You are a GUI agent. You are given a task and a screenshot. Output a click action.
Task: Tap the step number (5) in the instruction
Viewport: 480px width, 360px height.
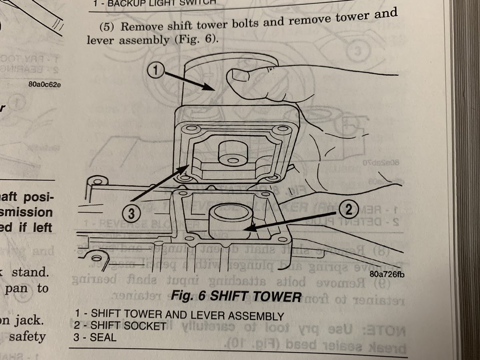click(x=108, y=29)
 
